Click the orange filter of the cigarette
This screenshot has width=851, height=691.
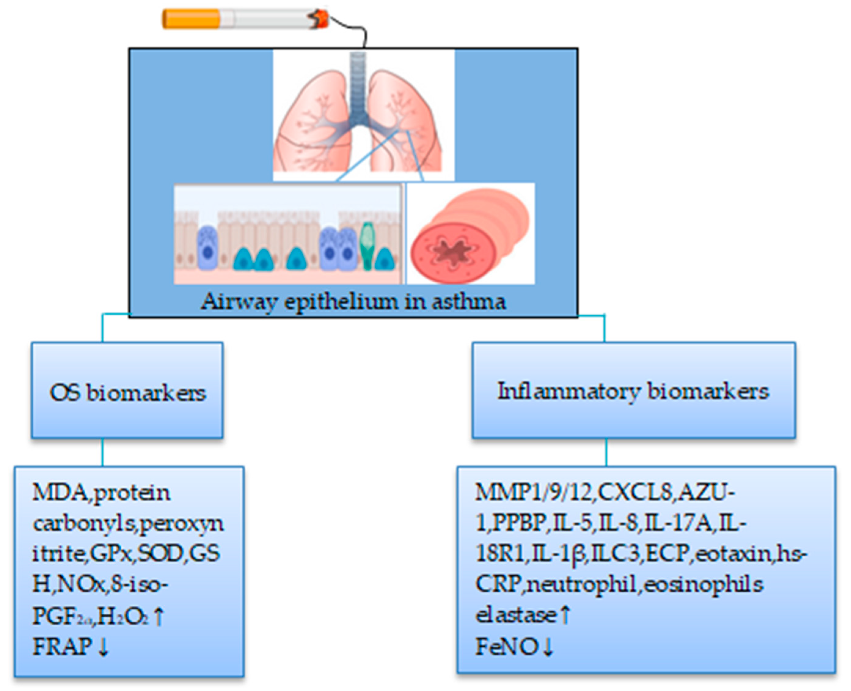pyautogui.click(x=191, y=19)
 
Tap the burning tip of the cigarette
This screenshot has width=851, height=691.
pyautogui.click(x=321, y=18)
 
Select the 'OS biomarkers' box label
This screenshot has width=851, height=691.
pyautogui.click(x=127, y=393)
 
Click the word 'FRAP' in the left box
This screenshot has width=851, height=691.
pyautogui.click(x=62, y=646)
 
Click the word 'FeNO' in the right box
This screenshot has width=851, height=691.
pyautogui.click(x=507, y=646)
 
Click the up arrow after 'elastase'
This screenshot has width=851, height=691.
pyautogui.click(x=565, y=615)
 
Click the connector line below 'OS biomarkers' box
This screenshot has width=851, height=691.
pyautogui.click(x=103, y=452)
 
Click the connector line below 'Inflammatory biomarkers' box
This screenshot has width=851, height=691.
pyautogui.click(x=606, y=452)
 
